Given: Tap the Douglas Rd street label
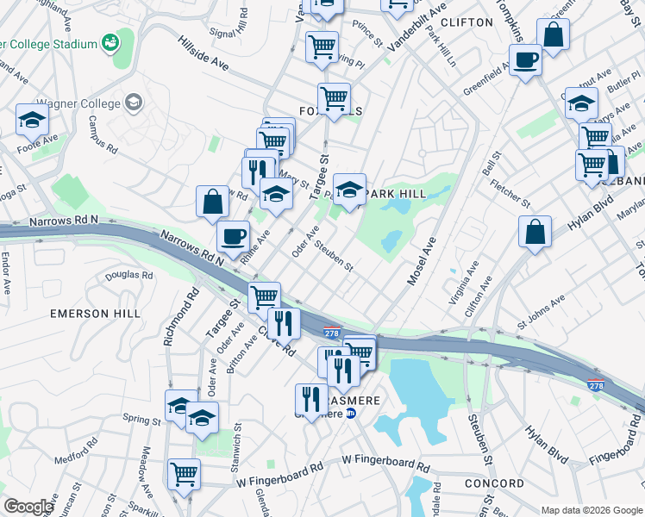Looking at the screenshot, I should point(128,276).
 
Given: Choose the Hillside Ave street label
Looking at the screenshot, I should point(203,53).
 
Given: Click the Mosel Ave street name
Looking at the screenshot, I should point(420,264).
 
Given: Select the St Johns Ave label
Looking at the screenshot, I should point(541,312).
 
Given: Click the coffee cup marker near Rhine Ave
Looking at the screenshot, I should point(232,235).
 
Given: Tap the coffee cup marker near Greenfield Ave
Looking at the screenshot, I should point(524,60).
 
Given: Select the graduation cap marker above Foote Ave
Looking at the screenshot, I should point(32,119).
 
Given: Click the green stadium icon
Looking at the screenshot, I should point(110,41).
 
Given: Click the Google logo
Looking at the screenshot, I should point(28,507).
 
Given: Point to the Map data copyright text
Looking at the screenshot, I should point(592,509).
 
